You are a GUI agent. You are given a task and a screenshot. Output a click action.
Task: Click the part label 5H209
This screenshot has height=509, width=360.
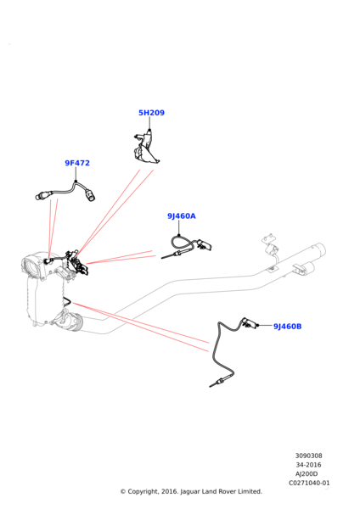[151, 113]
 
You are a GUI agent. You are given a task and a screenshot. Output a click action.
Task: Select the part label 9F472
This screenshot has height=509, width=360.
[77, 163]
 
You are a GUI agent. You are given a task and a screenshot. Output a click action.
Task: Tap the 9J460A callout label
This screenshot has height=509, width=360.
[182, 215]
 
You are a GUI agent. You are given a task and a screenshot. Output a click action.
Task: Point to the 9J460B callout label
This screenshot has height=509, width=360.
[287, 327]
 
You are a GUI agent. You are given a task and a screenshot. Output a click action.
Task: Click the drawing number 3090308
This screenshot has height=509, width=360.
[308, 456]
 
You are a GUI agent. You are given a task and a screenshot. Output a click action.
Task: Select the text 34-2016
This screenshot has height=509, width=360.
[308, 465]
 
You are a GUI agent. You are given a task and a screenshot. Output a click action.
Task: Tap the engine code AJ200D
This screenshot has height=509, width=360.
[307, 474]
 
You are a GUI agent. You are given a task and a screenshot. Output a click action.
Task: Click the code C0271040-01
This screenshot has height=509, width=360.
[309, 483]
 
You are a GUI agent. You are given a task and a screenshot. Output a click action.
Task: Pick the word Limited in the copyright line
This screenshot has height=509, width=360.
[250, 491]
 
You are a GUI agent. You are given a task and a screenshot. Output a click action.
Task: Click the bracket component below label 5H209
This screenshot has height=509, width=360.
[145, 147]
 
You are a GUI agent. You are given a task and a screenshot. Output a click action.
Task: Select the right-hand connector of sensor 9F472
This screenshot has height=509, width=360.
[90, 195]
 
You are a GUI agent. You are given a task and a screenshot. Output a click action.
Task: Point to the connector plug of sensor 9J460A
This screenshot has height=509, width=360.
[205, 244]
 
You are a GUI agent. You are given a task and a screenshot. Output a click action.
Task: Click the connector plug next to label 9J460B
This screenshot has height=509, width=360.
[250, 323]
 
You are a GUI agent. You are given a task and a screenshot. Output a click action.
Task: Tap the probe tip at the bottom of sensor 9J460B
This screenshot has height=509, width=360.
[211, 385]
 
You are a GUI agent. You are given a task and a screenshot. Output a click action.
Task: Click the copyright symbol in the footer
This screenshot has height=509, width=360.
[123, 492]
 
